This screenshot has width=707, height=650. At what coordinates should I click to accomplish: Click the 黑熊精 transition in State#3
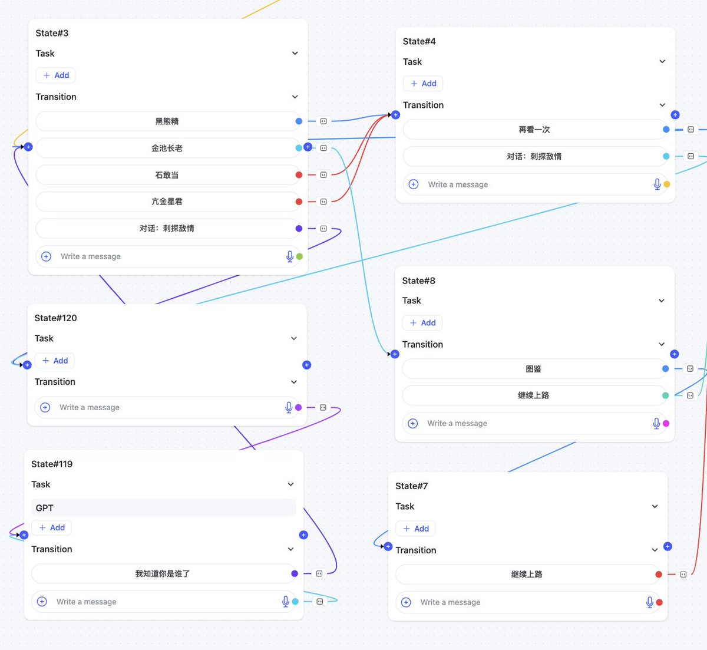tap(167, 121)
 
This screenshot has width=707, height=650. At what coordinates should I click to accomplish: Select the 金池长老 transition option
tap(167, 148)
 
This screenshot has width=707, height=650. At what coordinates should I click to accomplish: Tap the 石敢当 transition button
tap(167, 175)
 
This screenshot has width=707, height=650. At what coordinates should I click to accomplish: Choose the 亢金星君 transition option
tap(167, 202)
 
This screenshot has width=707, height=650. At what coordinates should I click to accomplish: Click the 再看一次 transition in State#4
tap(534, 130)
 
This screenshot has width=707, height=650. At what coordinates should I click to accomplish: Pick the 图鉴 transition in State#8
tap(533, 369)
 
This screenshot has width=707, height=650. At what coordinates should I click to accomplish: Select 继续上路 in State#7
tap(527, 574)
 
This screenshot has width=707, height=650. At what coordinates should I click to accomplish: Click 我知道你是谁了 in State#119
tap(163, 573)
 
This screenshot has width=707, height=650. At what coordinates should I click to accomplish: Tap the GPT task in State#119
tap(164, 508)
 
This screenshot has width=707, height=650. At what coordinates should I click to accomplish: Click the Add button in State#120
tap(55, 361)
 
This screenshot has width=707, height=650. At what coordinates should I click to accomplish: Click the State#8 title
tap(419, 281)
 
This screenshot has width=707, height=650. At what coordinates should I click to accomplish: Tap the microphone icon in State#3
tap(290, 256)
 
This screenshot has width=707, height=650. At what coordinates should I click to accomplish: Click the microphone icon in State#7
tap(649, 602)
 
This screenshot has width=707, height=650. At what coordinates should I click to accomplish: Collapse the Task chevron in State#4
tap(662, 61)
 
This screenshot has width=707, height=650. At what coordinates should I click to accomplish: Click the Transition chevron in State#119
tap(291, 549)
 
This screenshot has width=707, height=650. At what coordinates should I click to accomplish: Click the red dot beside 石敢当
tap(299, 175)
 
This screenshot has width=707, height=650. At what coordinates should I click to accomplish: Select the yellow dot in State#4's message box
tap(667, 184)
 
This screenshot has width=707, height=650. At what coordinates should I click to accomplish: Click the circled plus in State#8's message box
tap(412, 423)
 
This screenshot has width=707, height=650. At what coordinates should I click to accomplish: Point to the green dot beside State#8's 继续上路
tap(665, 395)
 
